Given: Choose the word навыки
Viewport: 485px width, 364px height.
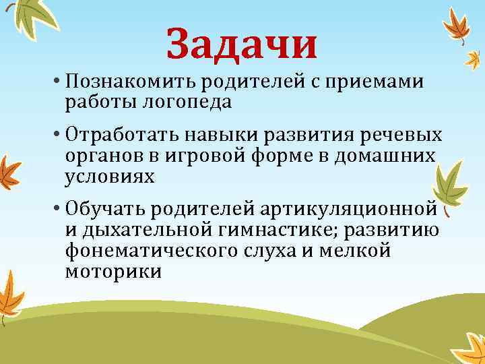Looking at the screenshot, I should (x=209, y=135).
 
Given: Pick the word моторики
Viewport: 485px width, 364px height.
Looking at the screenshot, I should (x=114, y=272).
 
